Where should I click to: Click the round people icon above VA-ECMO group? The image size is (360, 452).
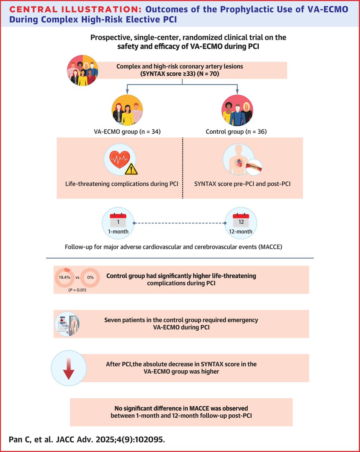(127, 110)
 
